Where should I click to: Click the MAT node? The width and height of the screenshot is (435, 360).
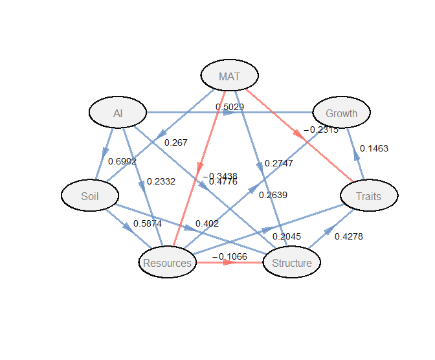(229, 76)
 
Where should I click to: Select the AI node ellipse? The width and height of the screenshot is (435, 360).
(118, 113)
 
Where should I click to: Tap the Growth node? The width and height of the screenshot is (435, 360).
(341, 113)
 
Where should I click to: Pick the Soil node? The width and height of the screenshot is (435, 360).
(90, 196)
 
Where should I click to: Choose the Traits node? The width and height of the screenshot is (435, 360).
(369, 196)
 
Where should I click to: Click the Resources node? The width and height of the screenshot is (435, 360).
(167, 263)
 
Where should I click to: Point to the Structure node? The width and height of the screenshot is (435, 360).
(291, 263)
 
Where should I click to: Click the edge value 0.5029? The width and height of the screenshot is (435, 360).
(230, 107)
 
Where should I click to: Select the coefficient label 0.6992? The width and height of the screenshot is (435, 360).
(122, 161)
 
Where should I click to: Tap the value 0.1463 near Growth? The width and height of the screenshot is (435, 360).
(374, 148)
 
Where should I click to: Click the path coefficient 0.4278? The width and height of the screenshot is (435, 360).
(349, 236)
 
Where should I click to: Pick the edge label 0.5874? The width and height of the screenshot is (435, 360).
(148, 223)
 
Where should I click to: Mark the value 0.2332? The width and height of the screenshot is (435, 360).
(161, 181)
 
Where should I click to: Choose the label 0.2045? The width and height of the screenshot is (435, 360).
(287, 236)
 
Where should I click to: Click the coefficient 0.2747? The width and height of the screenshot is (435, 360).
(279, 163)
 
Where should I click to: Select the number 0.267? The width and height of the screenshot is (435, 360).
(176, 142)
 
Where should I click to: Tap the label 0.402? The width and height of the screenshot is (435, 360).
(207, 223)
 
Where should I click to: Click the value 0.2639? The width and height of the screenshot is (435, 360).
(273, 194)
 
